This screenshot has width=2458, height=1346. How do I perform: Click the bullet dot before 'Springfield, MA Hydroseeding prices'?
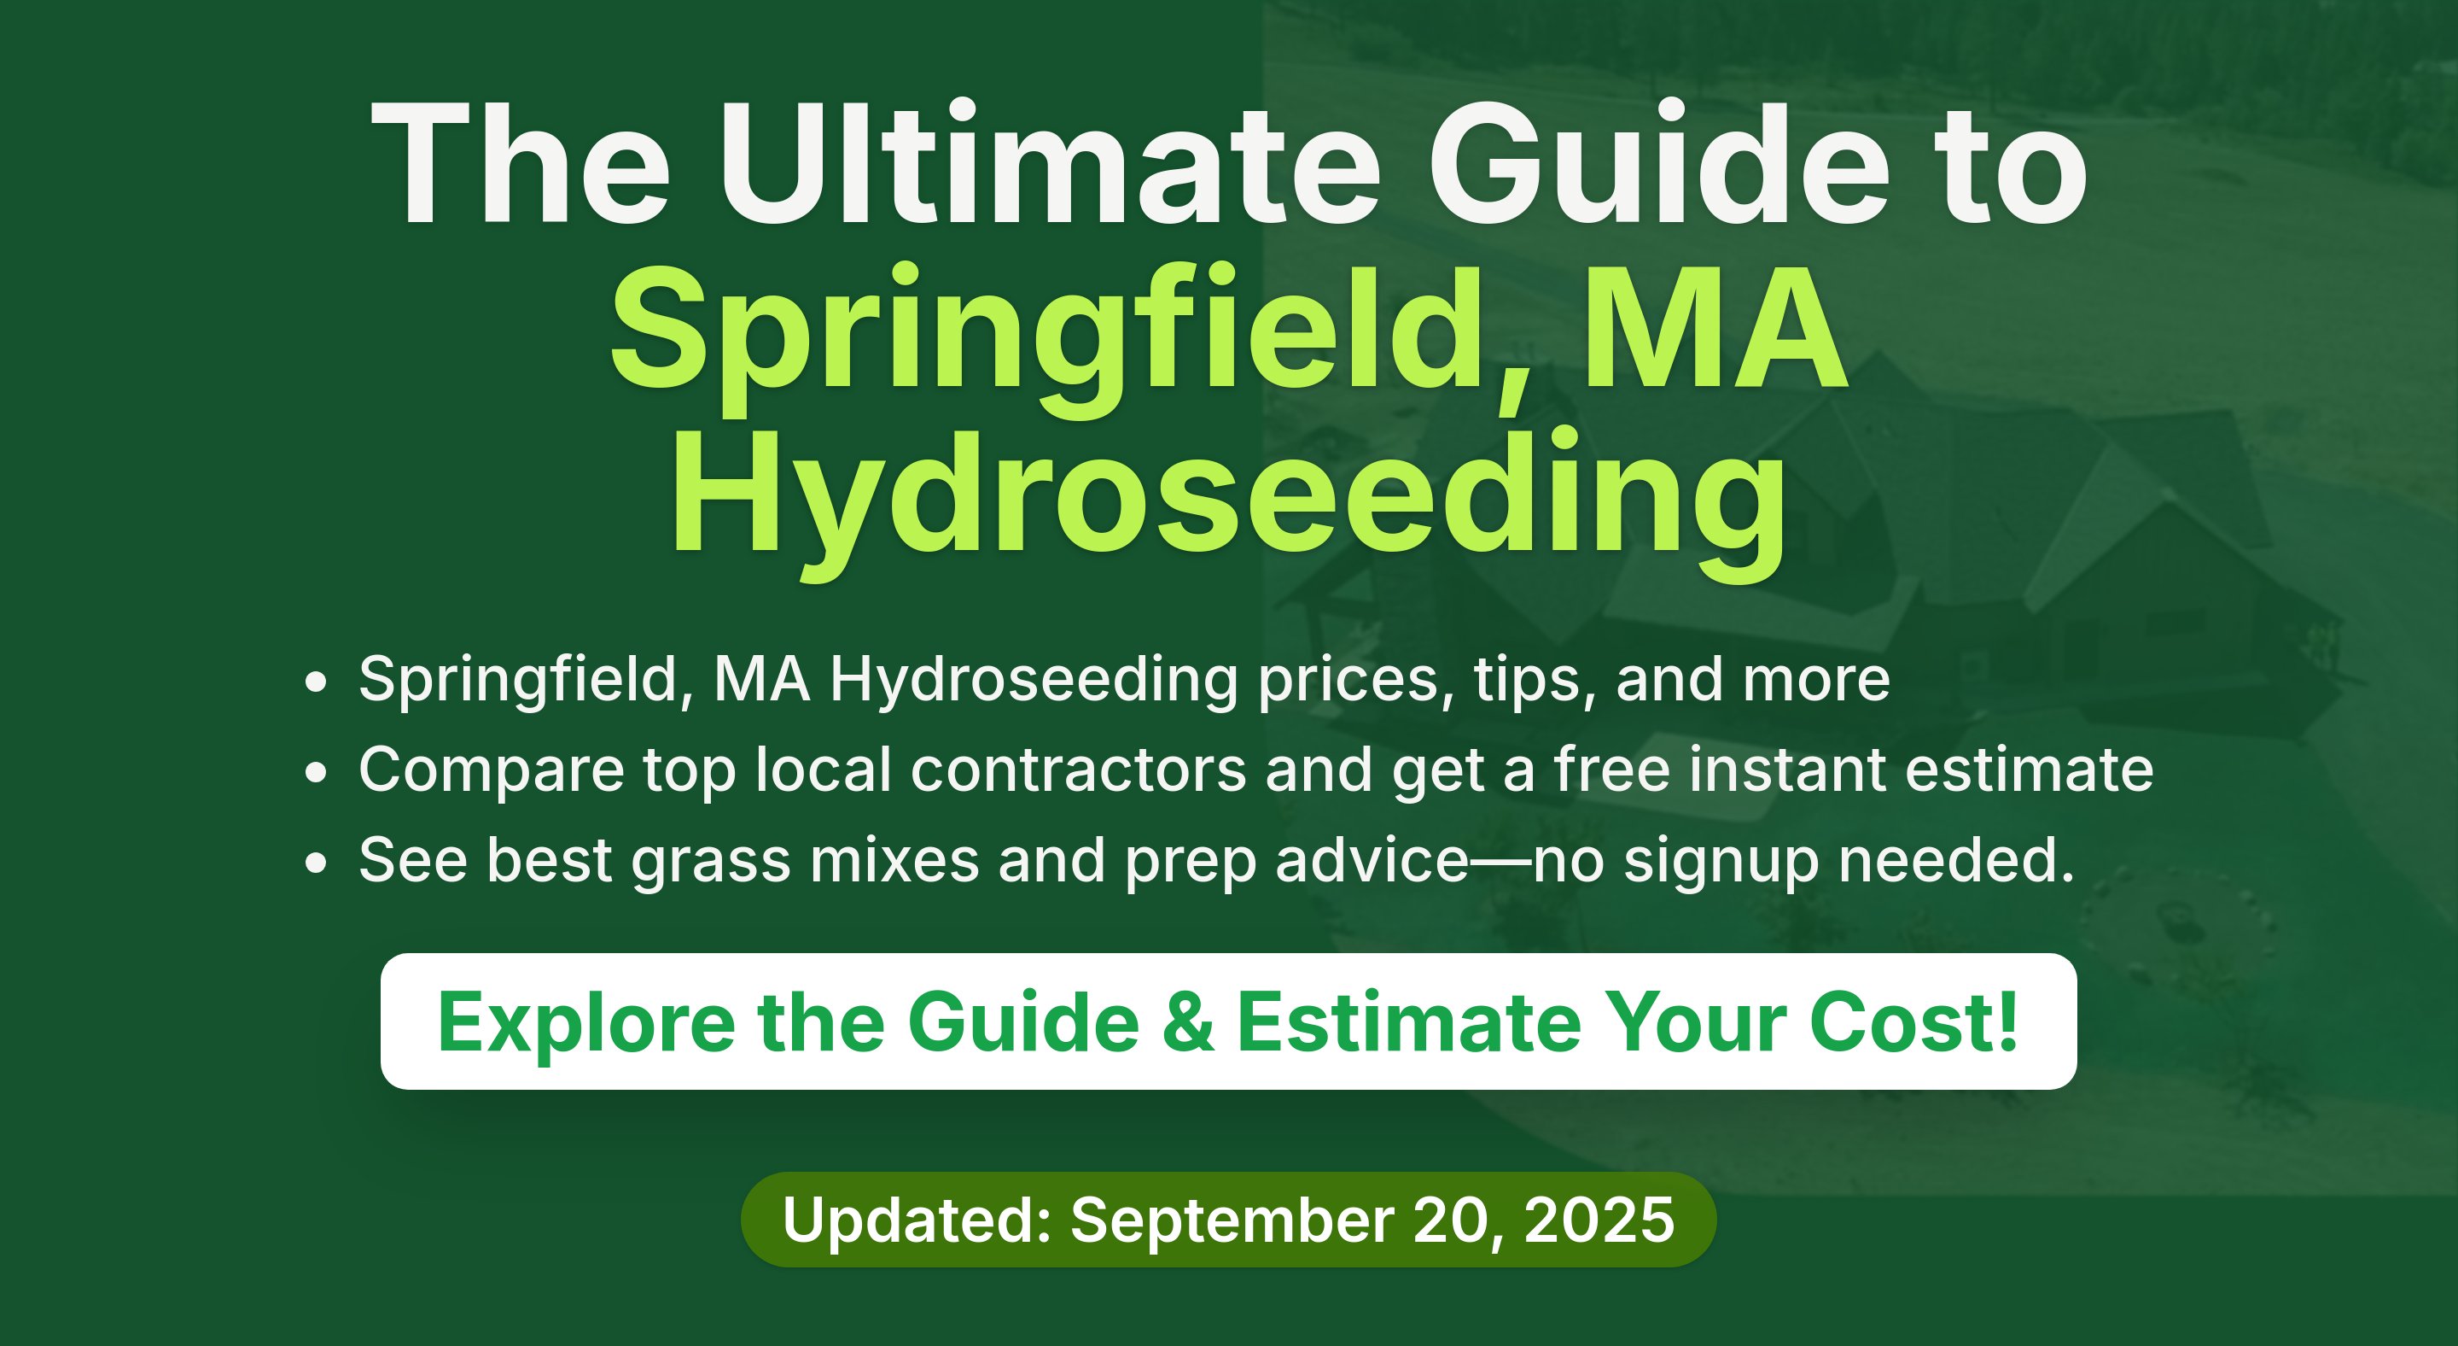316,682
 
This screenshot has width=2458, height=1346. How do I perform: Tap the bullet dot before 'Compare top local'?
316,771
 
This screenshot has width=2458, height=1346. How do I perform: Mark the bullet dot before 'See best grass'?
316,862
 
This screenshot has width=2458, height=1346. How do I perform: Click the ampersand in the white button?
1189,1022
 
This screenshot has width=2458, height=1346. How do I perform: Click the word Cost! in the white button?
1914,1021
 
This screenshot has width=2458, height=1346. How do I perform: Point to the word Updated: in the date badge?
917,1220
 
